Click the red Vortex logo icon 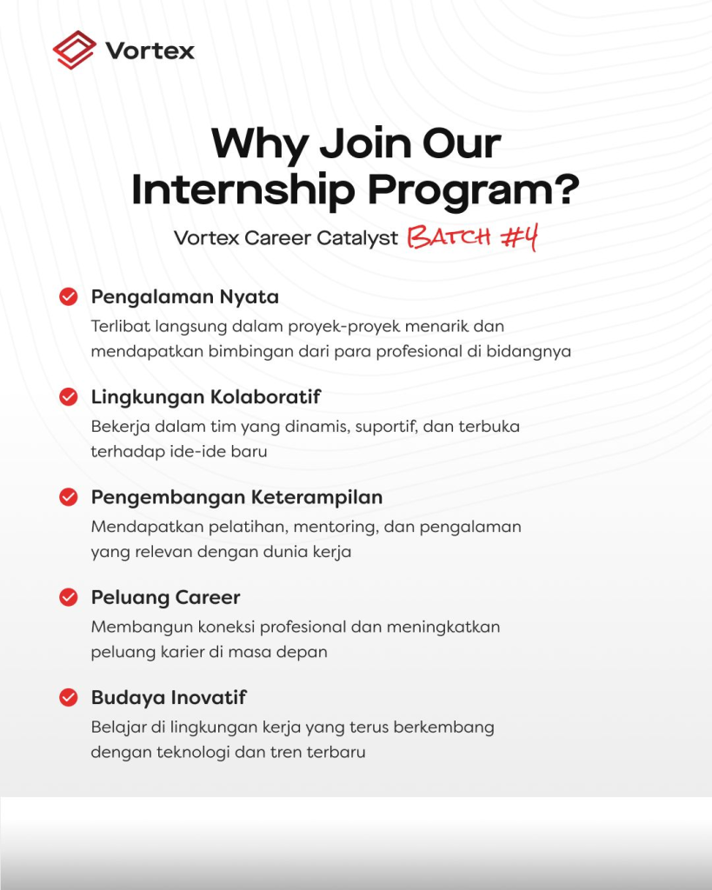click(75, 50)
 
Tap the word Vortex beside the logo click(150, 51)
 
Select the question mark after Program click(565, 188)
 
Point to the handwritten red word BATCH click(449, 236)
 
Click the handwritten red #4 click(519, 236)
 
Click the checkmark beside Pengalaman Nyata click(69, 296)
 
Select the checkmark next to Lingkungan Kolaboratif click(69, 396)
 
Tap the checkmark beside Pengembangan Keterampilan click(69, 497)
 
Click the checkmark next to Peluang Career click(69, 597)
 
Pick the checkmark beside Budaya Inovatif click(69, 698)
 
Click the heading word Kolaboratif click(265, 396)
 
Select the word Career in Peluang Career click(207, 598)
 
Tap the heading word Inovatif click(209, 698)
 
